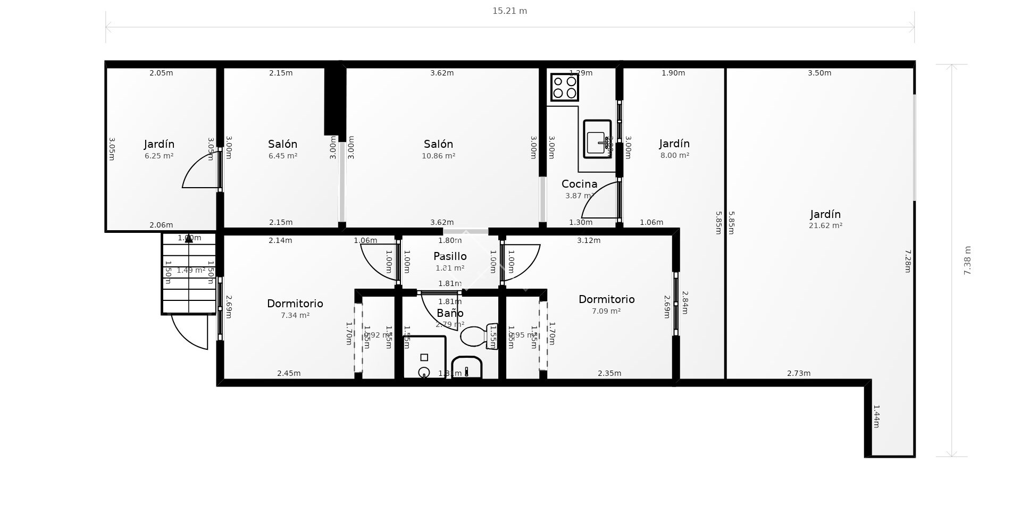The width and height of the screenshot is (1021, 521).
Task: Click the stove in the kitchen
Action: point(564,87)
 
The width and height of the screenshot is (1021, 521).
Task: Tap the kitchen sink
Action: point(597,139)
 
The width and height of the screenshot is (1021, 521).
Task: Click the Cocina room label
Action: point(579,184)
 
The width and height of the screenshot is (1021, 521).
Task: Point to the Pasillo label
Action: point(450,256)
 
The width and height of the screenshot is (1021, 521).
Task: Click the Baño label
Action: point(450,313)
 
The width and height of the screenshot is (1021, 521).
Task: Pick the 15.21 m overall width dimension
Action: point(509,11)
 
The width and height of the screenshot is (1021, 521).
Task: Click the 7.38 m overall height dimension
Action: point(967,260)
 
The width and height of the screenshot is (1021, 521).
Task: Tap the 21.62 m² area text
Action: point(825,225)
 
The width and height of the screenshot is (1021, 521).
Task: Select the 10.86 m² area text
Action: point(438,156)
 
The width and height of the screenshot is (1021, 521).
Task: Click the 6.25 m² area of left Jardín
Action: point(159,156)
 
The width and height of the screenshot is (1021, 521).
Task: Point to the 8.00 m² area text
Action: point(674,155)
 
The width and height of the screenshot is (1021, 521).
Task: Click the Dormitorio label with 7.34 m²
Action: point(295,304)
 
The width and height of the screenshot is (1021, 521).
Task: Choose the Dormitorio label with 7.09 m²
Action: point(606,299)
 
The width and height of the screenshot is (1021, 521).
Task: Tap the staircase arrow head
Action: point(189,239)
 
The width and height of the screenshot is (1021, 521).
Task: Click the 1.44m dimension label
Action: point(876,416)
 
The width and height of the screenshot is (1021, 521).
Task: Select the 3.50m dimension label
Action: point(819,73)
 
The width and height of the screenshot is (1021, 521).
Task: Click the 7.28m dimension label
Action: point(908,261)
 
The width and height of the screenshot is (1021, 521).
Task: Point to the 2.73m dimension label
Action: point(798,373)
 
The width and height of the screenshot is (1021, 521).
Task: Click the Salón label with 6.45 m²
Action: point(282,144)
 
